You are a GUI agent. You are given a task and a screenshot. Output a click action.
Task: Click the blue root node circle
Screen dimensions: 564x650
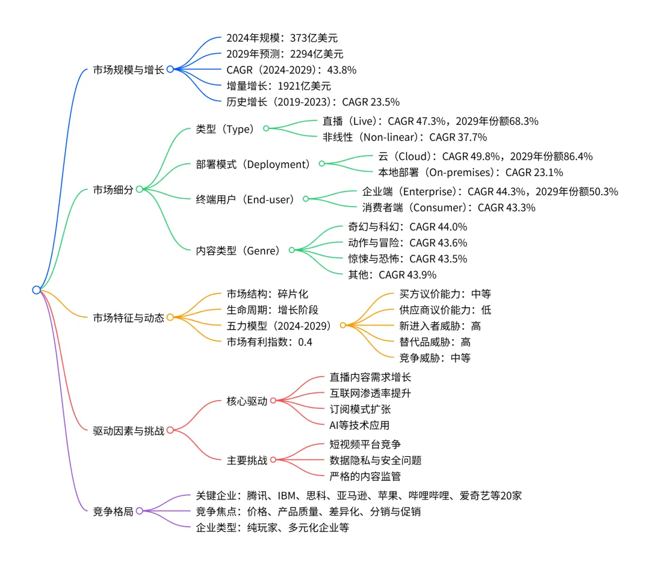coord(36,290)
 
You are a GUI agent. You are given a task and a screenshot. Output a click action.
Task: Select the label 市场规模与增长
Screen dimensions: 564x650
coord(128,69)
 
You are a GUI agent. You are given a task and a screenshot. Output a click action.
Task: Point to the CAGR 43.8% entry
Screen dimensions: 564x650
coord(291,70)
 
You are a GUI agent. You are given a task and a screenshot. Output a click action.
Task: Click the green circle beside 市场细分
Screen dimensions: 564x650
coord(139,189)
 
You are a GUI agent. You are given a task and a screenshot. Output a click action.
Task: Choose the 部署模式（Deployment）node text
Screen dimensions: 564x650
coord(252,164)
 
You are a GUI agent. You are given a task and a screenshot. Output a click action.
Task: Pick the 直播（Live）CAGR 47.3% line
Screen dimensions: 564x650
coord(430,121)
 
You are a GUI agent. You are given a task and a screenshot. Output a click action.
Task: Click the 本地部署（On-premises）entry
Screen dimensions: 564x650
coord(470,172)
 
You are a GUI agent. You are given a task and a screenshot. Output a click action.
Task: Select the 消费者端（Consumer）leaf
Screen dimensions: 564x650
coord(448,207)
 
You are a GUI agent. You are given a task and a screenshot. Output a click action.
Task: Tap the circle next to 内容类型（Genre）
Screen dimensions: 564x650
coord(291,250)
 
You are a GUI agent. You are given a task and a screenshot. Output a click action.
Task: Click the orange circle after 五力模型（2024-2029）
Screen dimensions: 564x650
coord(343,325)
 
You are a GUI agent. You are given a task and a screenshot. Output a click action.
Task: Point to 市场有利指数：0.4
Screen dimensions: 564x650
coord(270,342)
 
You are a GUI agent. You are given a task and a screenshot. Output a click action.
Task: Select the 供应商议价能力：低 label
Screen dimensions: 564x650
coord(445,310)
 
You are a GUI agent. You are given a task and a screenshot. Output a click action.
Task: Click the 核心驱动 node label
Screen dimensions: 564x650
coord(247,401)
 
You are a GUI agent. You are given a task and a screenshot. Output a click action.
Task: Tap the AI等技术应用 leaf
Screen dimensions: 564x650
coord(359,424)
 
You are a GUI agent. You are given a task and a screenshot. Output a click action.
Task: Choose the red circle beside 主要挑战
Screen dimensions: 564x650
coord(273,460)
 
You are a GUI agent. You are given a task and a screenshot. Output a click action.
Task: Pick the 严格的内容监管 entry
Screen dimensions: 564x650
coord(365,476)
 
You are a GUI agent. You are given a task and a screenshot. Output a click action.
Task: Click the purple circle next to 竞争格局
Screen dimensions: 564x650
coord(139,511)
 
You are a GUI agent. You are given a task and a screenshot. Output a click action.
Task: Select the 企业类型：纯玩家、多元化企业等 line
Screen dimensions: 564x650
coord(273,528)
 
